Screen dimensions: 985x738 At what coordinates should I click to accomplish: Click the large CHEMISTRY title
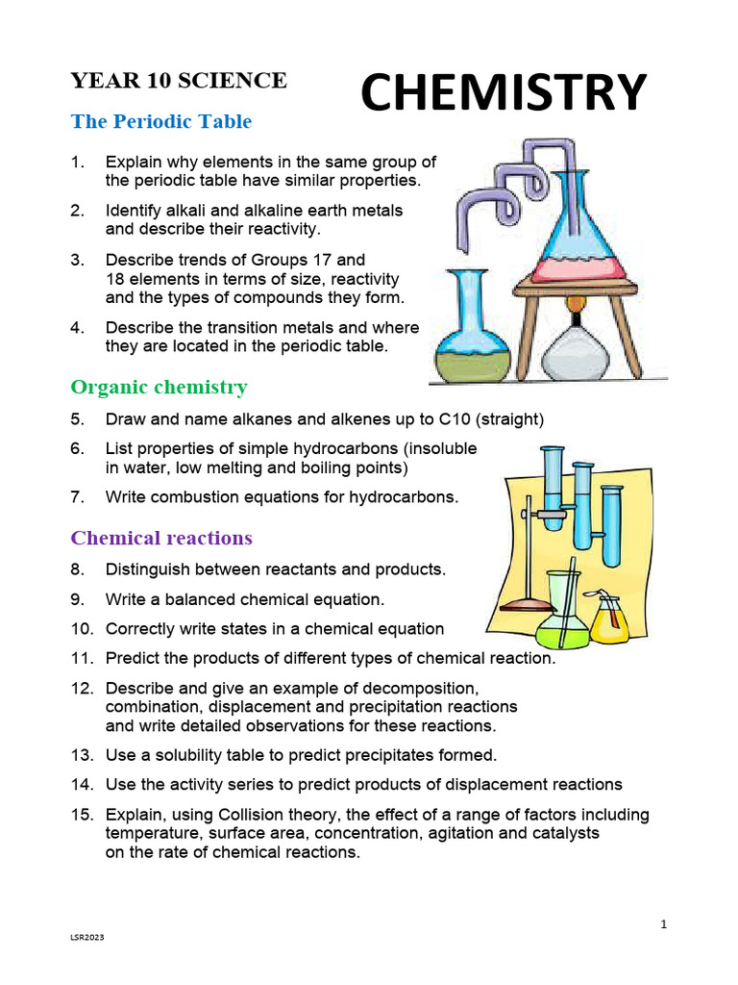[x=503, y=93]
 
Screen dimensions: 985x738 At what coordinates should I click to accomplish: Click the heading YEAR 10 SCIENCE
[x=178, y=81]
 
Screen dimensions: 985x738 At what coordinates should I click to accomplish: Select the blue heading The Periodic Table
[x=160, y=122]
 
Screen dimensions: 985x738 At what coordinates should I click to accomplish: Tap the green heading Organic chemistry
[x=159, y=387]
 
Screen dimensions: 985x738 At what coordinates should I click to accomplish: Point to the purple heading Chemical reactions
[x=161, y=537]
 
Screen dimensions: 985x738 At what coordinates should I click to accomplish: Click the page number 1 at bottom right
[x=663, y=924]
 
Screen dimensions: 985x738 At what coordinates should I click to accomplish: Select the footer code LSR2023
[x=86, y=964]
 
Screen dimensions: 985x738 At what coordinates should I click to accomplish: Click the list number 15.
[x=81, y=815]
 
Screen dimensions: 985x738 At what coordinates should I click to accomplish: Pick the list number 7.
[x=78, y=497]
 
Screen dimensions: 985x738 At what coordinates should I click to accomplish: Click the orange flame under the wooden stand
[x=575, y=306]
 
